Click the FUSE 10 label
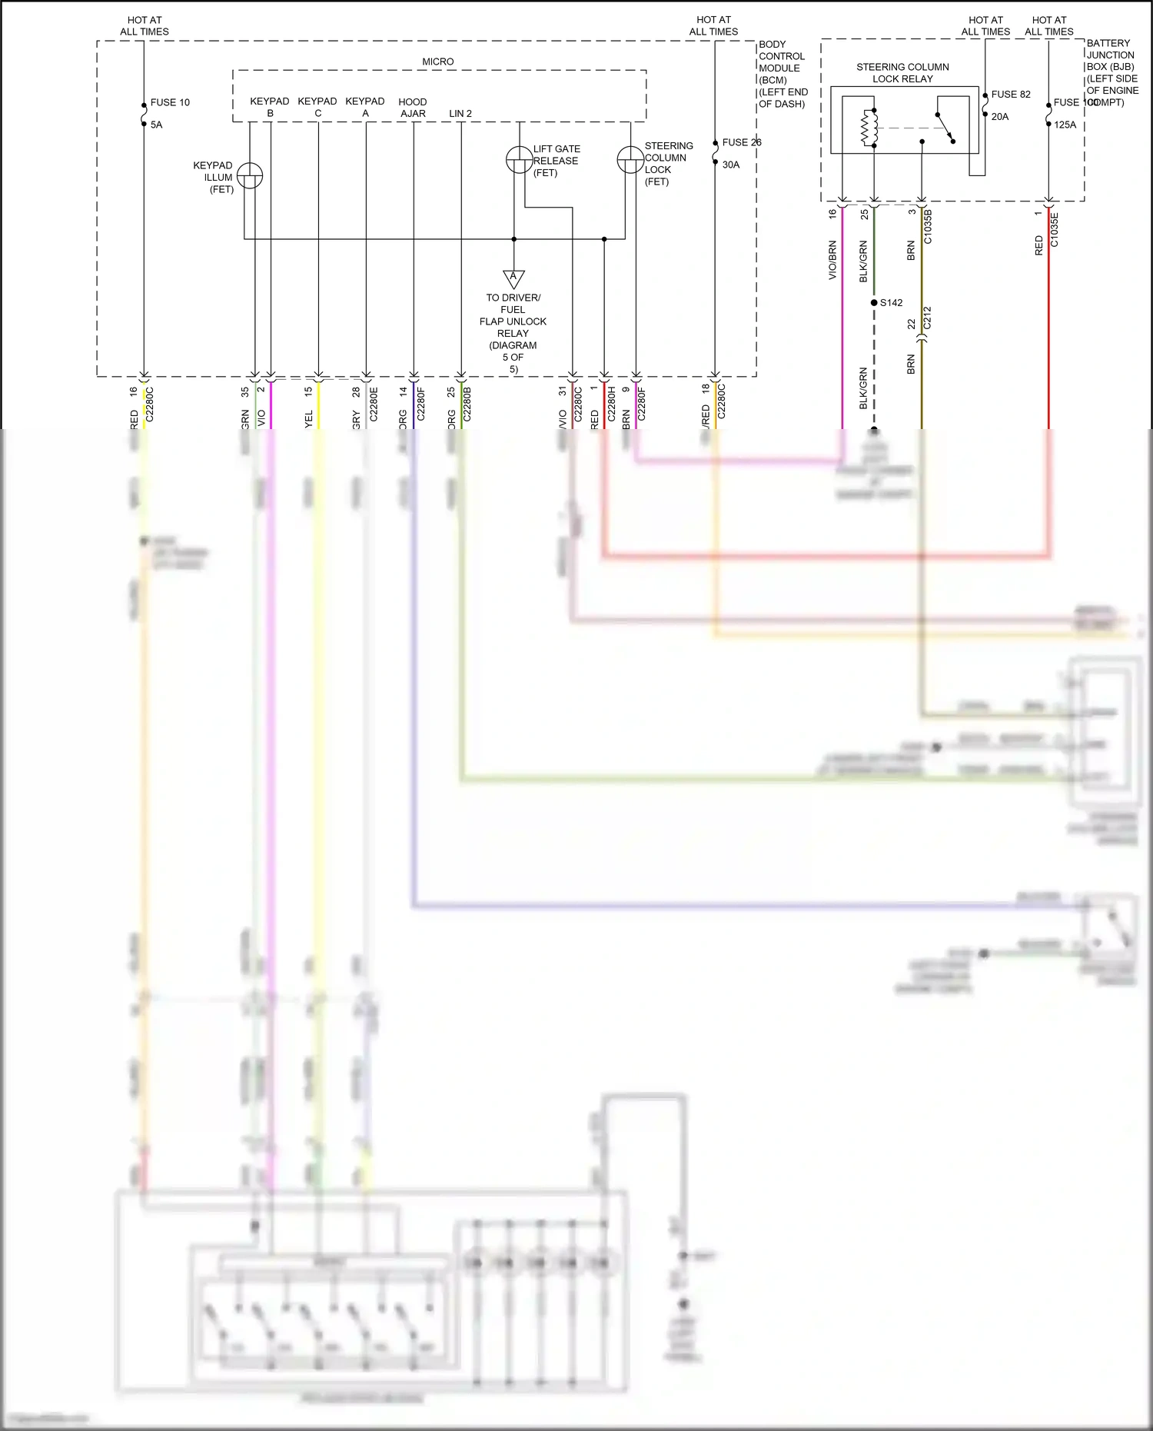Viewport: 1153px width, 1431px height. click(170, 102)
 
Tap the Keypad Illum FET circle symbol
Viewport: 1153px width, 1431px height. click(250, 176)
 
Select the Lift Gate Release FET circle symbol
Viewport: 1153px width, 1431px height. click(519, 159)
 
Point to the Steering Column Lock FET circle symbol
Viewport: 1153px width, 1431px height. click(630, 160)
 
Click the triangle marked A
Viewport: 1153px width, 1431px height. click(513, 278)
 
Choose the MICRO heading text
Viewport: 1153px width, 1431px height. click(437, 62)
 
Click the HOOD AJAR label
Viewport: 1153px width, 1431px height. click(413, 108)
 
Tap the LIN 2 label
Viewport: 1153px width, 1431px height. click(460, 114)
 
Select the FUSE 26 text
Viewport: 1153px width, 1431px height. click(741, 142)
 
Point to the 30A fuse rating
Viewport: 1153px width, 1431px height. click(730, 165)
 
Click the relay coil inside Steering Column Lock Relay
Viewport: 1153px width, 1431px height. click(869, 128)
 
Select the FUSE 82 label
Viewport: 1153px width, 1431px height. click(1010, 95)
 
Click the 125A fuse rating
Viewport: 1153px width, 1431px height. click(1065, 125)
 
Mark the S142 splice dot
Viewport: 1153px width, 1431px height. click(874, 303)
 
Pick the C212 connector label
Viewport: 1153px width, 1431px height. click(927, 318)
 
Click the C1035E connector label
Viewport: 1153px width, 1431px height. click(1054, 230)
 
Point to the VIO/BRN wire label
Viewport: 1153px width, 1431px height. click(832, 260)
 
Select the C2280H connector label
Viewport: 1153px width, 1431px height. click(611, 404)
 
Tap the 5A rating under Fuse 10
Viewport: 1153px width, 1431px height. click(156, 125)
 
